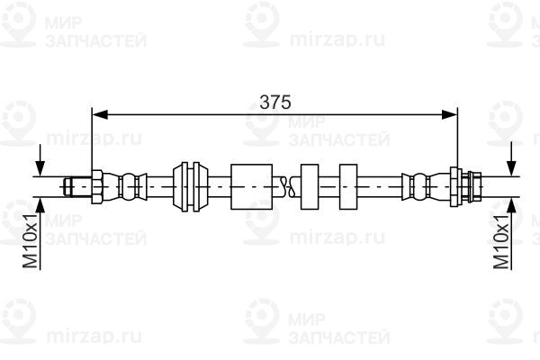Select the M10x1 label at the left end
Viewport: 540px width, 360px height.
[x=29, y=240]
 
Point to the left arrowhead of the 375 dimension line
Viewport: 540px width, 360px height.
[x=99, y=112]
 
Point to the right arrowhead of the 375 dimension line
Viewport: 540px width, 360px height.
[x=451, y=112]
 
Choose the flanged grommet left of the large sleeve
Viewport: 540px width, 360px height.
[x=191, y=185]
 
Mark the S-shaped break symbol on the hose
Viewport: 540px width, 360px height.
[x=286, y=185]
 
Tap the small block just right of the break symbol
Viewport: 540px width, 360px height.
[x=310, y=185]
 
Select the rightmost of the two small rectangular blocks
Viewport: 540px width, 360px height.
[x=350, y=185]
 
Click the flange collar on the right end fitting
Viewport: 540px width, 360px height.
[x=460, y=185]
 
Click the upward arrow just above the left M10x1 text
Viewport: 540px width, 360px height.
[x=39, y=205]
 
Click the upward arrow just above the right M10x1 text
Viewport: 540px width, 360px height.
[x=511, y=205]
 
